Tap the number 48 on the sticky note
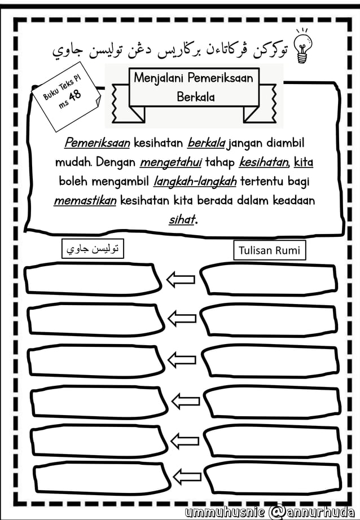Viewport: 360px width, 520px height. [76, 94]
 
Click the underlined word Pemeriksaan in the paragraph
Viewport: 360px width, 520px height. [97, 143]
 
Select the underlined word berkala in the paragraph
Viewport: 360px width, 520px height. [207, 143]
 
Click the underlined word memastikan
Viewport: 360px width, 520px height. [85, 201]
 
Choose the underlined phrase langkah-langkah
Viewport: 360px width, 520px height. [195, 182]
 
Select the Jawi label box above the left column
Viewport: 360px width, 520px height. [93, 249]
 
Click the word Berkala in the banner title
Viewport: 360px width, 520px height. [195, 97]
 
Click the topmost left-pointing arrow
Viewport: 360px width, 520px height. [181, 279]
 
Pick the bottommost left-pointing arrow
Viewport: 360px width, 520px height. [187, 477]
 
